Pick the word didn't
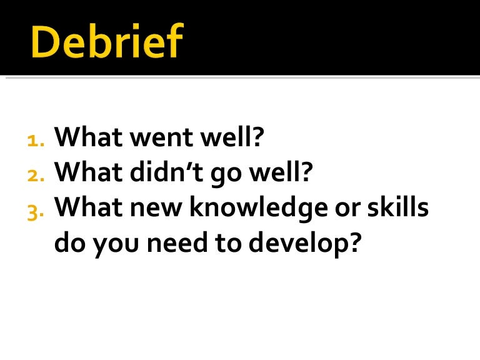tap(161, 172)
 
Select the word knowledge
tap(266, 208)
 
